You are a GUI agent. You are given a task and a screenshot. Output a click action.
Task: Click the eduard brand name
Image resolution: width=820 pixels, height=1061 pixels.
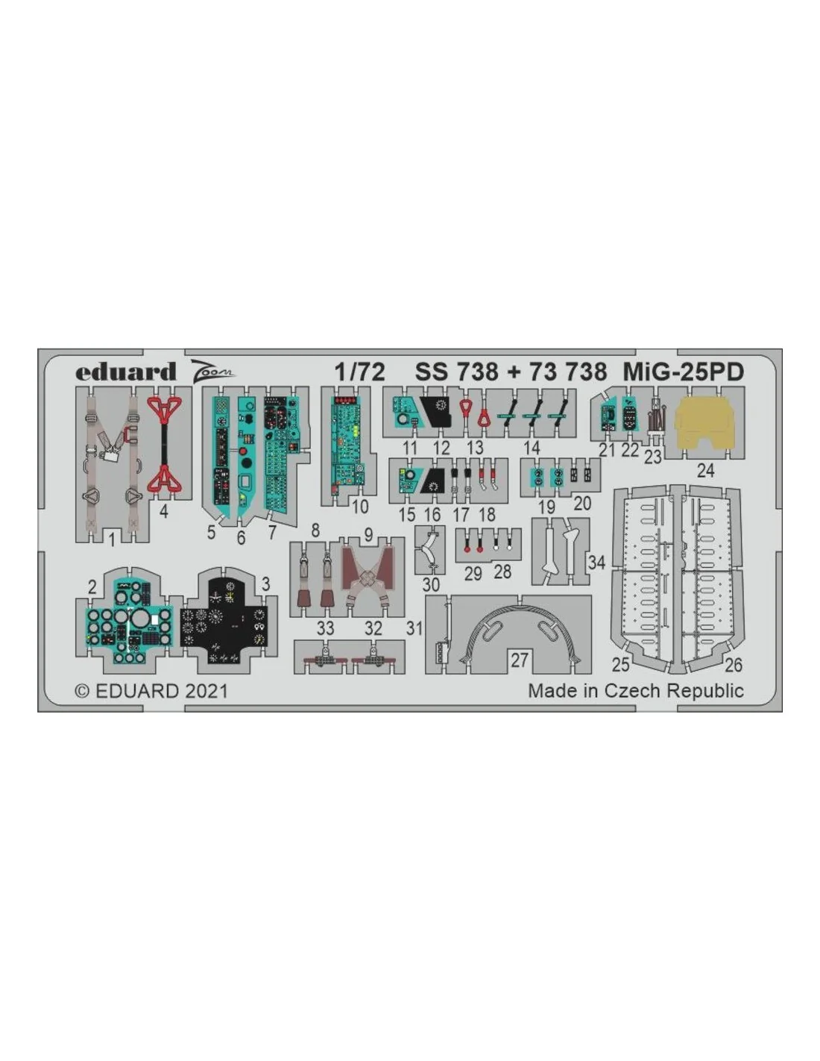[125, 372]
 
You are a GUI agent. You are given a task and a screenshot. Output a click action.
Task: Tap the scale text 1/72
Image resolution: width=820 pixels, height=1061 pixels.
[360, 372]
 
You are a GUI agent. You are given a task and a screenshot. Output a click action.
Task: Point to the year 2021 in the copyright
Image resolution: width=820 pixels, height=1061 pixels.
[206, 692]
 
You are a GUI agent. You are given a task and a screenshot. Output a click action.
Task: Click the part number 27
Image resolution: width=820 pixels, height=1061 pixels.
[519, 660]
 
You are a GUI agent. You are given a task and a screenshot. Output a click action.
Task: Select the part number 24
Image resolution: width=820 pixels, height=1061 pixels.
[705, 471]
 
